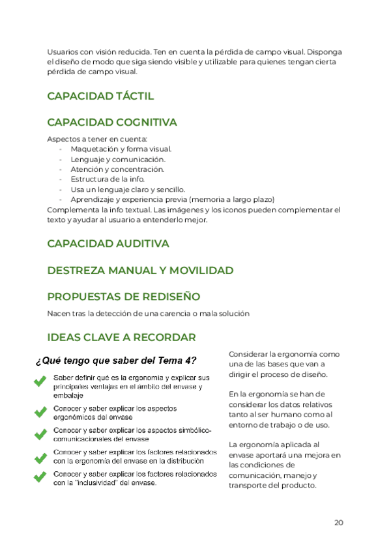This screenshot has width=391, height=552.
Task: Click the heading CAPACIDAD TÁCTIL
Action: coord(100,96)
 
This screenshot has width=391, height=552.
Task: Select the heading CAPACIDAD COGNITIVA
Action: coord(112,122)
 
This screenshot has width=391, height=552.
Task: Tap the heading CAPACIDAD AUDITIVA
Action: coord(108,243)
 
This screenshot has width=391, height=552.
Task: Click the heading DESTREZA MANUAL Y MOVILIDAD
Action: coord(140,270)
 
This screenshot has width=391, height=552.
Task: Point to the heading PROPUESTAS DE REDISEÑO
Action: coord(123,297)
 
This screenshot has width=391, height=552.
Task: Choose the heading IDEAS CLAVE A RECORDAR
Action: coord(121,338)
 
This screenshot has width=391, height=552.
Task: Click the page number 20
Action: coord(338,522)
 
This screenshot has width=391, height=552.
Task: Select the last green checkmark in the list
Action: coord(40,477)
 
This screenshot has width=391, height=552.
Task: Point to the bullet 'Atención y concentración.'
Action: coord(117,169)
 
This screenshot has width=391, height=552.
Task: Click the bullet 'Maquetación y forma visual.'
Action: coord(121,149)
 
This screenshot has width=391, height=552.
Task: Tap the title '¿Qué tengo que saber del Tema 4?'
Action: coord(116,361)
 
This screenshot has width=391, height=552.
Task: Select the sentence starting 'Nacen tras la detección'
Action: coord(148,314)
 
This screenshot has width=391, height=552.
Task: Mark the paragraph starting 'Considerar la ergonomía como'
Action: coord(283,364)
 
